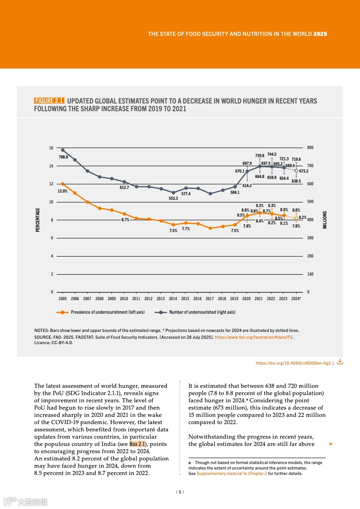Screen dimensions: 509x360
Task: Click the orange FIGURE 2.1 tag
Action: click(49, 101)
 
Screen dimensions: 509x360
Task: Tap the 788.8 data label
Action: click(64, 157)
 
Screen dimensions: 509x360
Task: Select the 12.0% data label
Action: click(63, 191)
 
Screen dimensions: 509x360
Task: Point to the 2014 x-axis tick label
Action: click(173, 299)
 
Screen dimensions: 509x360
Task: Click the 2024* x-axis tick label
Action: click(296, 299)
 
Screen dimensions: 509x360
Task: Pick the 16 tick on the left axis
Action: click(51, 148)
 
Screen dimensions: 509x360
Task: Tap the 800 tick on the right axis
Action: click(311, 148)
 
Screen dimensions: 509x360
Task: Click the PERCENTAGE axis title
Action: click(37, 220)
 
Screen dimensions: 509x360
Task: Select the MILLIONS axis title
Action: click(325, 220)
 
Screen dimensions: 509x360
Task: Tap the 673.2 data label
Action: click(304, 171)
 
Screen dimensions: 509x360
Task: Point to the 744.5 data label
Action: click(271, 154)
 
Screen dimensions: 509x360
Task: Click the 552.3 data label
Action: click(173, 198)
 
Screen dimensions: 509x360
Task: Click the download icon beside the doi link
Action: click(340, 362)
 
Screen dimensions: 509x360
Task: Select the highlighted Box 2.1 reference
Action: click(137, 444)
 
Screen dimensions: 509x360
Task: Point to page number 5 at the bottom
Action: click(180, 492)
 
